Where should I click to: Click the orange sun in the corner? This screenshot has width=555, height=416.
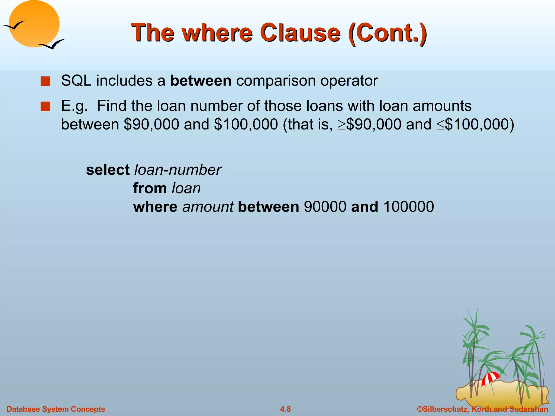click(x=34, y=24)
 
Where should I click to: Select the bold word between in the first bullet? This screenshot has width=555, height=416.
click(x=201, y=81)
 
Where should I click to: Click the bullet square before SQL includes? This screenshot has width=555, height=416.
click(x=45, y=81)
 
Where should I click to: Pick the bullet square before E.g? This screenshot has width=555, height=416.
click(x=45, y=106)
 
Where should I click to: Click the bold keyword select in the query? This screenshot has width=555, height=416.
click(x=108, y=170)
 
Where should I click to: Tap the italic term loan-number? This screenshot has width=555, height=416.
click(x=178, y=170)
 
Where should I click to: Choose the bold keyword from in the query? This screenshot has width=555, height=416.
click(x=150, y=188)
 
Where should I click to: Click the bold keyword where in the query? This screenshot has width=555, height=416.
click(x=155, y=207)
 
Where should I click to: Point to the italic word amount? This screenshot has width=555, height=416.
click(x=208, y=207)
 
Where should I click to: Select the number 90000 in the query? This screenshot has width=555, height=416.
click(x=325, y=207)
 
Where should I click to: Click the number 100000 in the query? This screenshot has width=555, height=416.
click(x=409, y=207)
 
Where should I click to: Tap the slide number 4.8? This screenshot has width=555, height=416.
click(x=285, y=409)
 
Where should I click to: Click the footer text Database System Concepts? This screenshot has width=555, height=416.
click(x=56, y=409)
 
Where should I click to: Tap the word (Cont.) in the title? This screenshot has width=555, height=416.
click(x=388, y=33)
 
